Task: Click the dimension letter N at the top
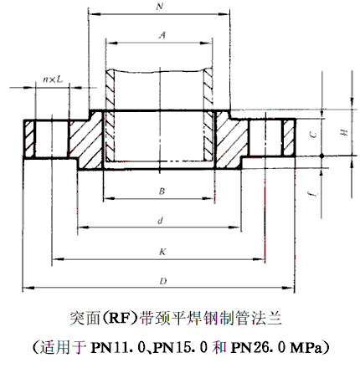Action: pos(159,7)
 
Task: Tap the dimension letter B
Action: pos(161,192)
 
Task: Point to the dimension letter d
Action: pos(159,220)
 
